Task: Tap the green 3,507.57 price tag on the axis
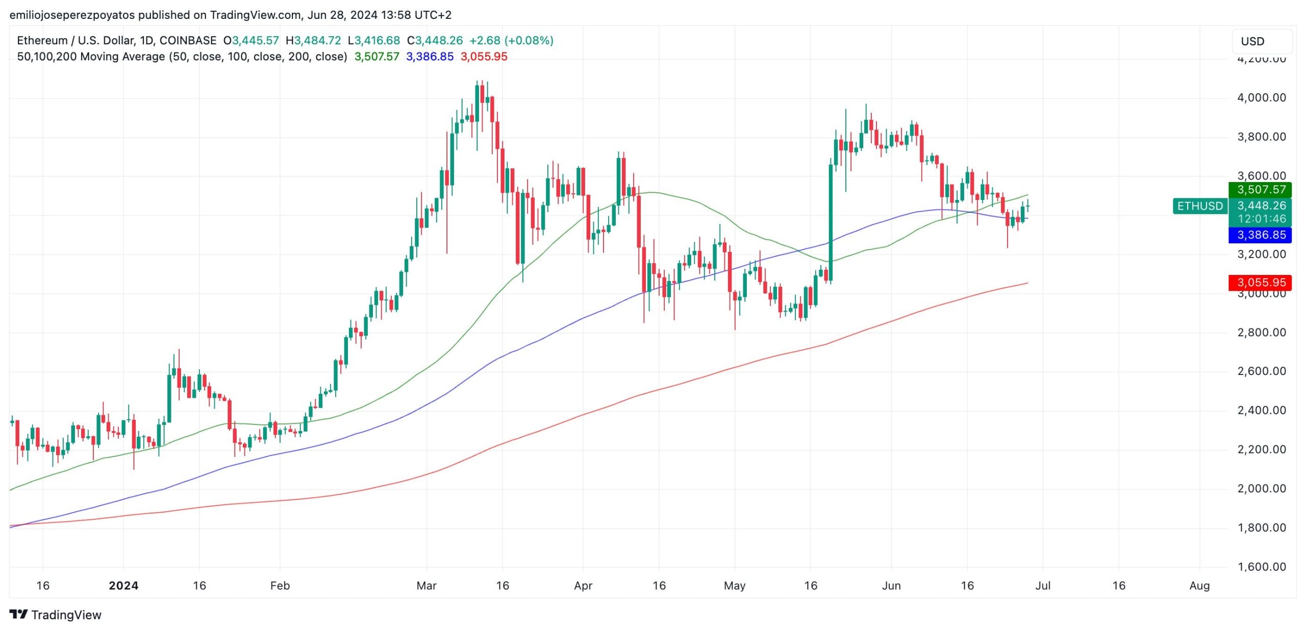point(1262,190)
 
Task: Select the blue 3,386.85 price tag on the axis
point(1262,235)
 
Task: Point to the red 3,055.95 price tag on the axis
point(1262,283)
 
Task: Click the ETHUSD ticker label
point(1200,206)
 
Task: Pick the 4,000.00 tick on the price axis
point(1262,97)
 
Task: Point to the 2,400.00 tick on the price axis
point(1262,410)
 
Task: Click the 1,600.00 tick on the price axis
point(1262,567)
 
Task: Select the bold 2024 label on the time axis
point(123,586)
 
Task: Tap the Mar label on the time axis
point(426,586)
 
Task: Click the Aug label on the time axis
point(1199,586)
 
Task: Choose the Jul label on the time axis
point(1043,586)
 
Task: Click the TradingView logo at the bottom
point(56,615)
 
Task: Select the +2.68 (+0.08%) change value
point(511,40)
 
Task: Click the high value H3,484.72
point(313,40)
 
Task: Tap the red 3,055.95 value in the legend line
point(484,57)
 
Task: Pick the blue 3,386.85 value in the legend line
point(430,57)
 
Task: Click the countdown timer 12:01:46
point(1262,219)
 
